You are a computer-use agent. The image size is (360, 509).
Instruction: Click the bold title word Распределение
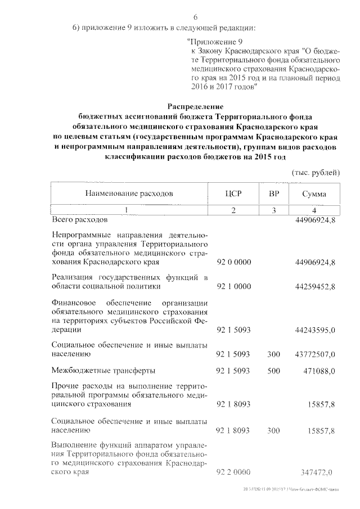click(196, 106)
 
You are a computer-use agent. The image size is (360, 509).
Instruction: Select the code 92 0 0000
click(233, 262)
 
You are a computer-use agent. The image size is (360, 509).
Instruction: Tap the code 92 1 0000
click(233, 286)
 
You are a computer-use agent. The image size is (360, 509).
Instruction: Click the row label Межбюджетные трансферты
click(103, 371)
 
